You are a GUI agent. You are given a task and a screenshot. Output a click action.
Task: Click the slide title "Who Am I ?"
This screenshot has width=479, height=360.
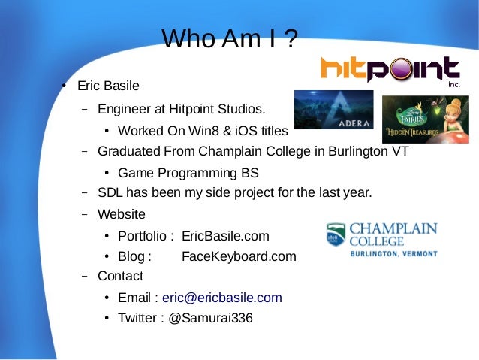(x=230, y=39)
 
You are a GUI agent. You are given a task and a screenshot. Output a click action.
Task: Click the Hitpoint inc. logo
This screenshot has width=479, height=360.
(x=390, y=70)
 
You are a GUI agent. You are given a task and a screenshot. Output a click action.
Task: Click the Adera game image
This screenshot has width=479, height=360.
(x=333, y=110)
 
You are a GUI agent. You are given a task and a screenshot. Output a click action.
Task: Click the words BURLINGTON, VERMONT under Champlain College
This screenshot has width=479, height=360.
(x=394, y=254)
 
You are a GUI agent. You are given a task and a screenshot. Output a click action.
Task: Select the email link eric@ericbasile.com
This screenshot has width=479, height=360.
(x=217, y=298)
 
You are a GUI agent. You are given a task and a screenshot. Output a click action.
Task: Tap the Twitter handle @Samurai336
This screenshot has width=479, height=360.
(x=210, y=318)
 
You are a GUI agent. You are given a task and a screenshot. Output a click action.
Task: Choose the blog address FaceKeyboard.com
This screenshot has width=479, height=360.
(x=239, y=256)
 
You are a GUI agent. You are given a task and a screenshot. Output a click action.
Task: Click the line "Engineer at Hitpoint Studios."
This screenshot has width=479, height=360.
(x=181, y=110)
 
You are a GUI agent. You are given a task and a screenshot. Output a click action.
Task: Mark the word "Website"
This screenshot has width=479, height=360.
(x=122, y=214)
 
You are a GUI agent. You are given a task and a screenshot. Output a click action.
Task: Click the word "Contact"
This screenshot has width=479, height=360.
(x=120, y=276)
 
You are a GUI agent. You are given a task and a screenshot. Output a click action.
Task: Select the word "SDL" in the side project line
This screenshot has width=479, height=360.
(x=110, y=193)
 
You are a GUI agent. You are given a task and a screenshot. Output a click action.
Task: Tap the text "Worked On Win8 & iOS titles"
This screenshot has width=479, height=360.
(x=203, y=131)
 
